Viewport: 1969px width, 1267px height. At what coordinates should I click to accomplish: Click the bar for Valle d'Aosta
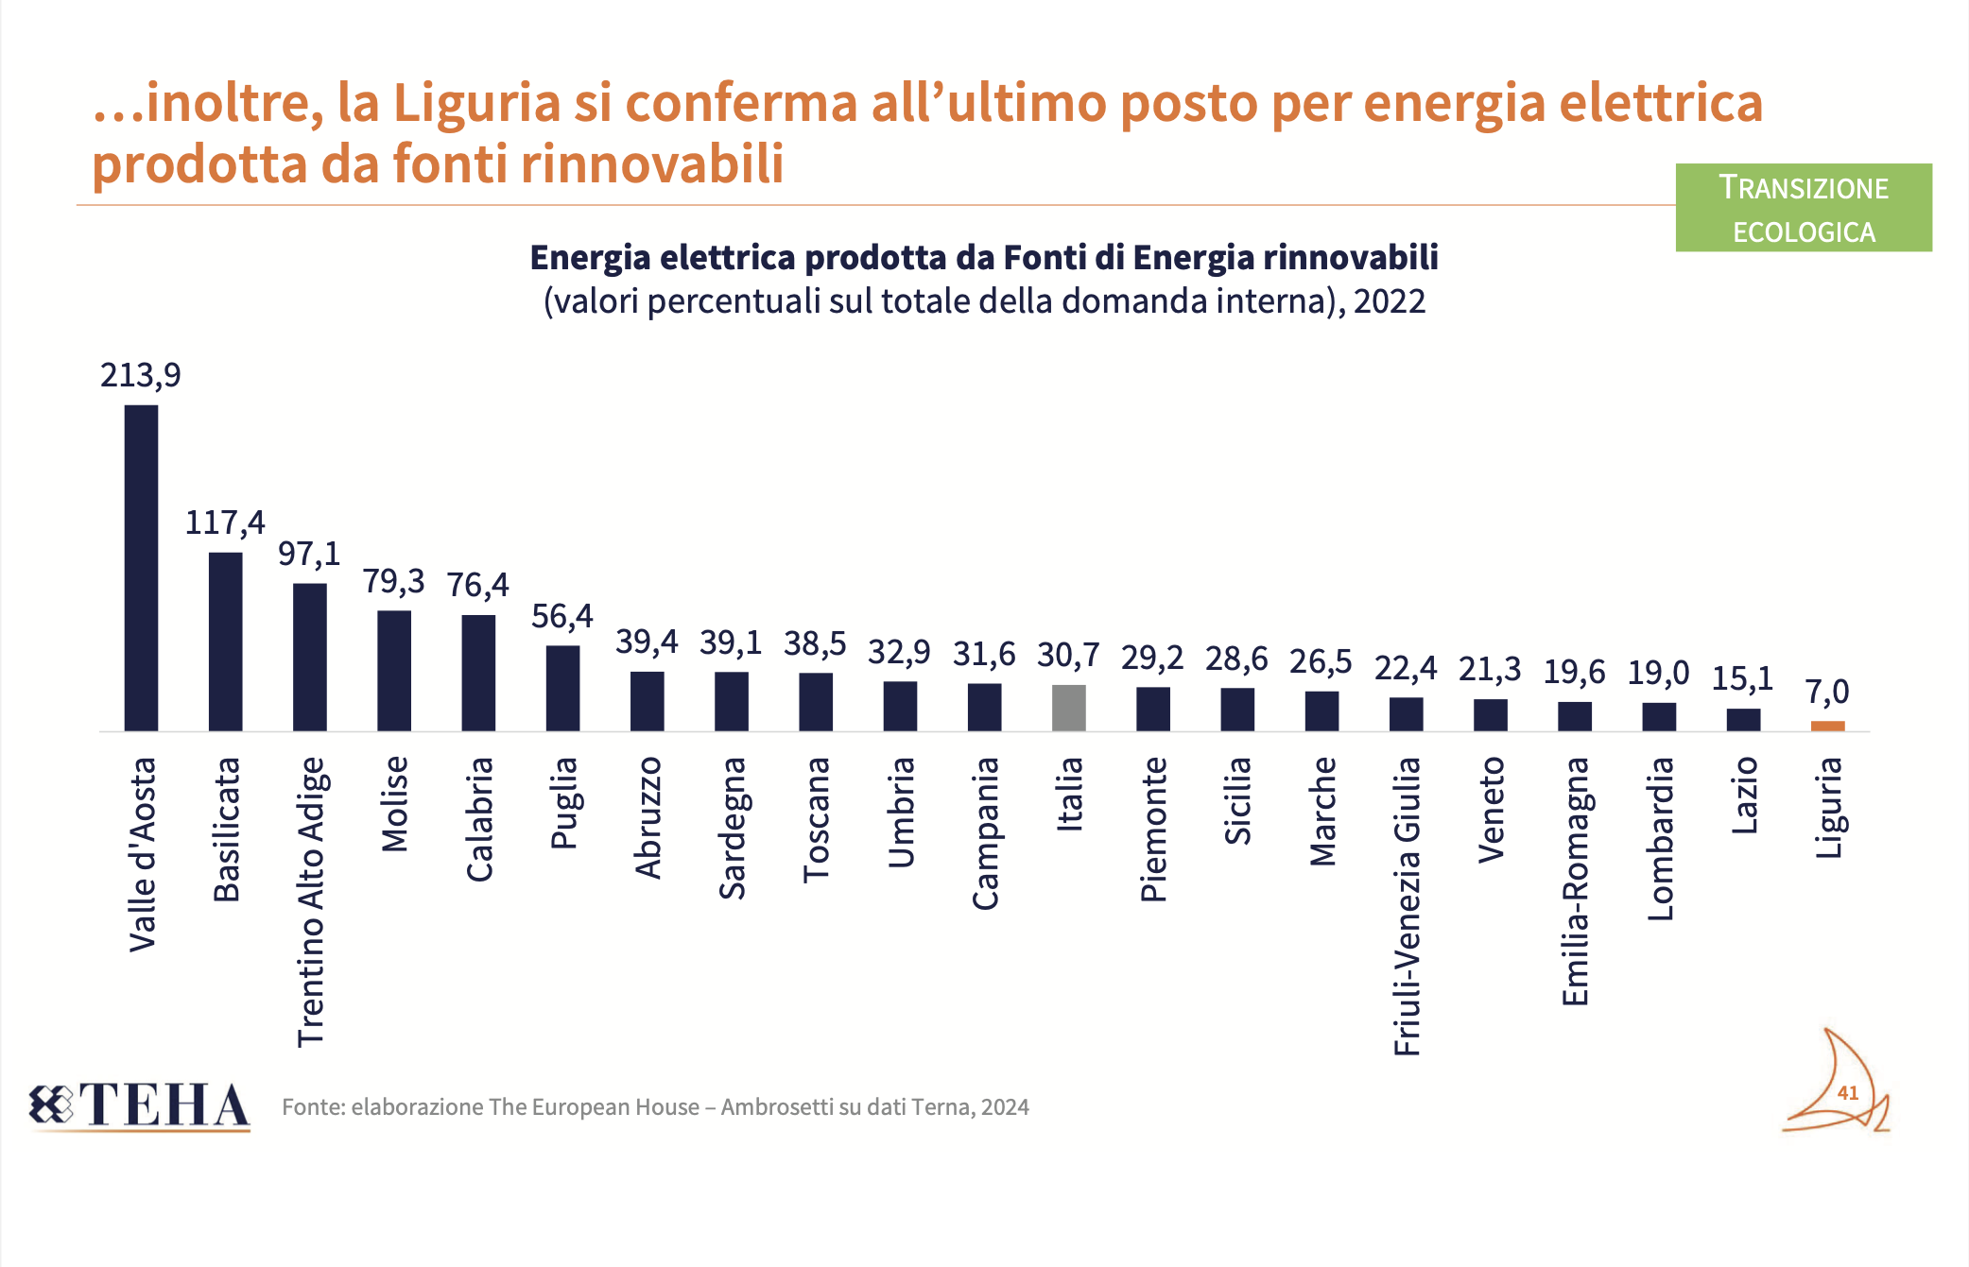(141, 567)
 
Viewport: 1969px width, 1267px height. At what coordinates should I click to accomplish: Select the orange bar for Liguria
(1827, 726)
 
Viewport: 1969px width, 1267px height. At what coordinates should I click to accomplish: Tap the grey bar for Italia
(1068, 708)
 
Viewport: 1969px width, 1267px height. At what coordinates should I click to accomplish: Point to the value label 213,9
(140, 375)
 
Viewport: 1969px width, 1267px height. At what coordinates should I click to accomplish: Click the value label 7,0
(1827, 692)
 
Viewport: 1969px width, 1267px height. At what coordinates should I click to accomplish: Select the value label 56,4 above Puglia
(561, 616)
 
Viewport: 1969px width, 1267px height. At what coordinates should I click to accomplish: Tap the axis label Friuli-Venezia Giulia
(1407, 905)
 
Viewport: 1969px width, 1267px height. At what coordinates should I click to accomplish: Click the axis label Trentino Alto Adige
(311, 901)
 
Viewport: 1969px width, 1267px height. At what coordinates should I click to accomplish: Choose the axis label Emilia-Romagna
(1575, 881)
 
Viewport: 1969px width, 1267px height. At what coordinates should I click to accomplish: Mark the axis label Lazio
(1744, 796)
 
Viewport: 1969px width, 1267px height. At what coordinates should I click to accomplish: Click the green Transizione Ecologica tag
(1803, 208)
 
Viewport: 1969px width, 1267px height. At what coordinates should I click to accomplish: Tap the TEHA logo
(140, 1105)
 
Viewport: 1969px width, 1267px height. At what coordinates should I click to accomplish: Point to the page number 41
(1847, 1093)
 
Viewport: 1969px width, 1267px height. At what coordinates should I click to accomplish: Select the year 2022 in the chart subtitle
(1389, 301)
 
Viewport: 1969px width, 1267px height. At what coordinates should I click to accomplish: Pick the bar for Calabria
(478, 673)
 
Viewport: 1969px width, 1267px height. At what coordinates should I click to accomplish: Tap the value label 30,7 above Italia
(1068, 654)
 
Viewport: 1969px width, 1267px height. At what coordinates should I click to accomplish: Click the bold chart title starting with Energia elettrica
(983, 257)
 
